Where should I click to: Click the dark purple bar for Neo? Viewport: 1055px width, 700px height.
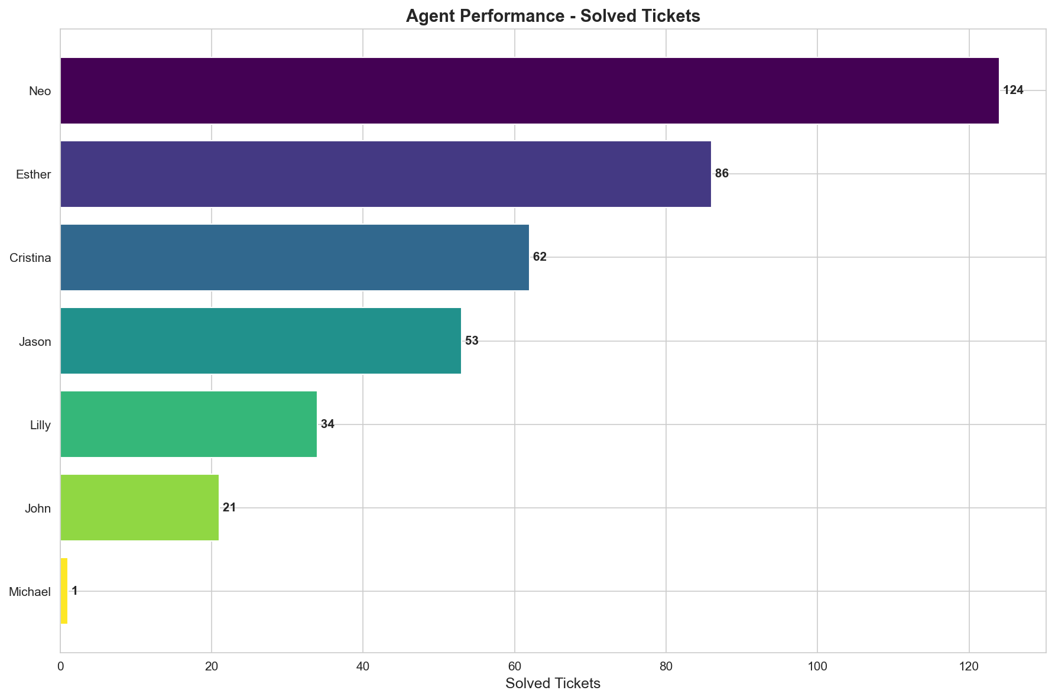point(529,90)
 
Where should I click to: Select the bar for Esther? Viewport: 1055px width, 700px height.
point(385,174)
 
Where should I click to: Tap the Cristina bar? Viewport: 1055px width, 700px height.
point(294,257)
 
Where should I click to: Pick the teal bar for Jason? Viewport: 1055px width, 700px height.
point(260,341)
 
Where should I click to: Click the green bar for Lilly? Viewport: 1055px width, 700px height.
point(188,424)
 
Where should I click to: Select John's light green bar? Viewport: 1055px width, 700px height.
point(139,507)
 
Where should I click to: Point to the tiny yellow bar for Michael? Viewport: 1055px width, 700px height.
point(64,591)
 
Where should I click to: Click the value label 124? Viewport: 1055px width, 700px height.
point(1013,90)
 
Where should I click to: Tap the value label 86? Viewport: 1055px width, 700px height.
point(722,174)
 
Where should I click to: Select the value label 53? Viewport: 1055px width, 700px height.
point(472,341)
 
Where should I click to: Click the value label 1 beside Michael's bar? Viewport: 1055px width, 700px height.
point(74,591)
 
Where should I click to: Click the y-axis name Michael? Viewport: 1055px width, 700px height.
point(30,592)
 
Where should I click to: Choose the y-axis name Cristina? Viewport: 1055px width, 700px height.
point(30,258)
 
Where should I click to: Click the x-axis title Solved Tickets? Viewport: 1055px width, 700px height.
point(553,684)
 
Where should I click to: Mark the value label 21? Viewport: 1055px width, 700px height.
point(229,508)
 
